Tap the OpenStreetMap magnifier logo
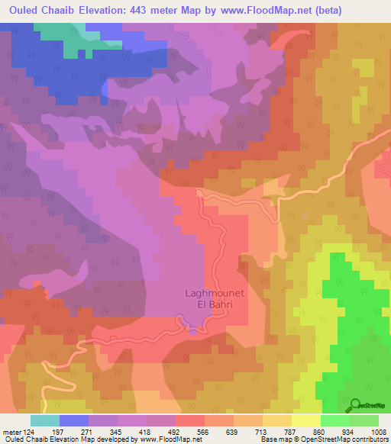(355, 404)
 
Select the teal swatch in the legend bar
(44, 420)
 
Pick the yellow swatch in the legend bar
(305, 420)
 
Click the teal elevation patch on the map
(65, 31)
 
